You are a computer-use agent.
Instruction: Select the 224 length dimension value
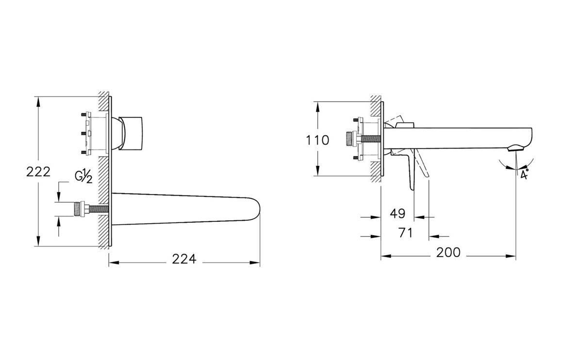pos(184,259)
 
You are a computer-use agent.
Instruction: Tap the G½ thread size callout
pos(83,176)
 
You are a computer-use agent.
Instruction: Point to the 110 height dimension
pos(317,140)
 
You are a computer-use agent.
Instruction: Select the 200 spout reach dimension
pos(448,253)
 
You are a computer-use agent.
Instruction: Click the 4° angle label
pos(524,174)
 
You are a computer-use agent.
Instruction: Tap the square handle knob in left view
pos(133,133)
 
